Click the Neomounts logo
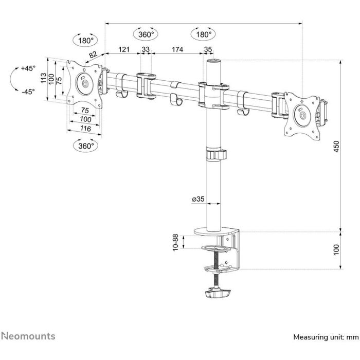coord(28,336)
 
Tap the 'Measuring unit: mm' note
coord(326,337)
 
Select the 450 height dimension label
coord(336,146)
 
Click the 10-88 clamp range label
coord(175,242)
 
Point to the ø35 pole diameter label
coord(198,199)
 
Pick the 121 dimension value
coord(124,49)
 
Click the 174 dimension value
coord(177,49)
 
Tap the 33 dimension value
coord(146,49)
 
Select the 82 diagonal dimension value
coord(93,55)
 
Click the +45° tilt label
coord(28,68)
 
